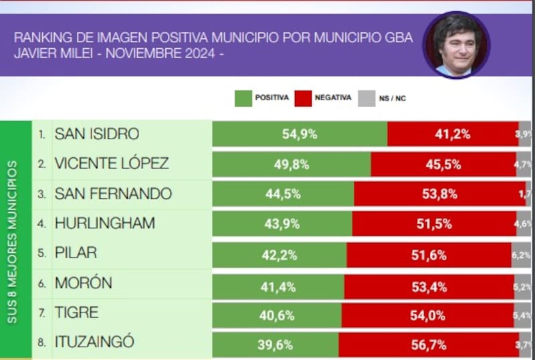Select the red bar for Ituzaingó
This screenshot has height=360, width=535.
(x=428, y=344)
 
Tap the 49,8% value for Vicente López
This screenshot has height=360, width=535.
(x=291, y=164)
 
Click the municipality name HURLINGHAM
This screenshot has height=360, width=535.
(x=104, y=223)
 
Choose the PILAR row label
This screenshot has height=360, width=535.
(x=76, y=253)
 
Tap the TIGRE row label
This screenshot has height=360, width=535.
(x=76, y=312)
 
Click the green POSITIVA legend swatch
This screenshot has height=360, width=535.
(x=243, y=98)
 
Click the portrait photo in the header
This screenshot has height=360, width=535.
(x=456, y=44)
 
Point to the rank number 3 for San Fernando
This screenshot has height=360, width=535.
(x=41, y=194)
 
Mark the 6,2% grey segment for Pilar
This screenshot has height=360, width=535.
(x=522, y=254)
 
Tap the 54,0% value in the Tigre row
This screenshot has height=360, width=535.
(x=427, y=314)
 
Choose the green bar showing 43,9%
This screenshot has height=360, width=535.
(x=282, y=223)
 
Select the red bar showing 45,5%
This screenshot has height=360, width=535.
(x=443, y=164)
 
